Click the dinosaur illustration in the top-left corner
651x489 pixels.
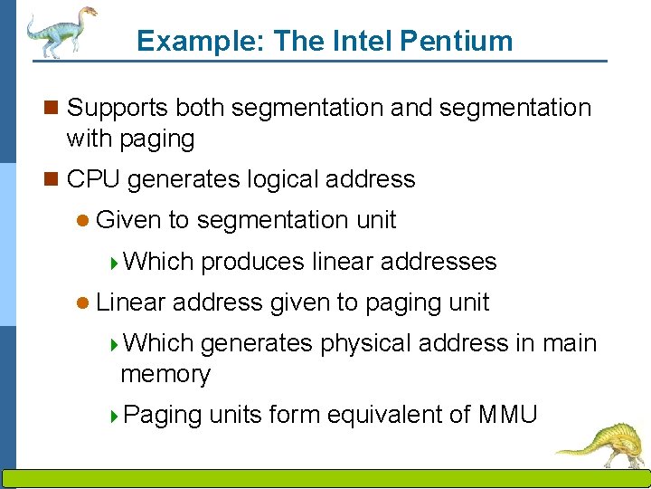click(x=60, y=32)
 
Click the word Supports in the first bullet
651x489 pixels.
click(x=118, y=108)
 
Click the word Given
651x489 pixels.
click(x=128, y=220)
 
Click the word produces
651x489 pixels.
click(x=252, y=262)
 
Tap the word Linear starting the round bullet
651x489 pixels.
click(x=130, y=302)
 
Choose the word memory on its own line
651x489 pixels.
click(x=165, y=374)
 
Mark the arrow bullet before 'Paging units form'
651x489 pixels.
click(x=114, y=416)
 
